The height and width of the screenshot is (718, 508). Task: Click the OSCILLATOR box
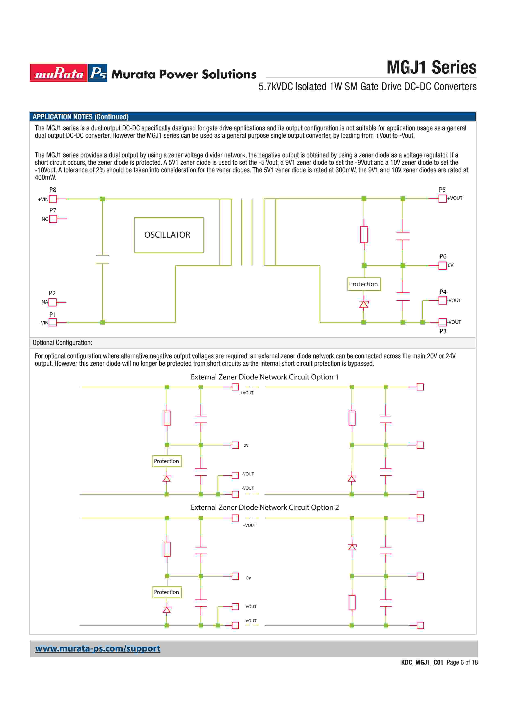click(x=168, y=235)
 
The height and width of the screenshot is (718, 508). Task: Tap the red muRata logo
click(x=59, y=73)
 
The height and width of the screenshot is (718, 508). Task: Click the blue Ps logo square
click(x=98, y=73)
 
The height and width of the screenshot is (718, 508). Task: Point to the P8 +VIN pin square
click(x=53, y=199)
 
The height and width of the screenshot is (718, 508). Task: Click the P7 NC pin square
click(x=53, y=219)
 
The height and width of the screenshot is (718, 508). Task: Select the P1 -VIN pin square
click(x=53, y=322)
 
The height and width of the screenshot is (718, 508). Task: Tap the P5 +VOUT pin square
click(x=442, y=199)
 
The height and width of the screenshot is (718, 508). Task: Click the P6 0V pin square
click(x=442, y=265)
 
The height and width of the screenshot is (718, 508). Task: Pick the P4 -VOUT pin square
click(x=442, y=300)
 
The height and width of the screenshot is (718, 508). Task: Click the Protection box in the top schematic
click(x=364, y=284)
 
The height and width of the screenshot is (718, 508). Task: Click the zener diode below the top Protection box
click(x=363, y=304)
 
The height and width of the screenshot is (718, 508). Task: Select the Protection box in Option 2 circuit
click(x=167, y=592)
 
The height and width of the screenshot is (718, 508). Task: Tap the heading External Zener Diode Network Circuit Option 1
click(x=265, y=377)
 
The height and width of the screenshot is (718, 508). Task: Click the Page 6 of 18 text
click(x=462, y=662)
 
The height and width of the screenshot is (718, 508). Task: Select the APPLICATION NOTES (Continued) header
click(x=81, y=117)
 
